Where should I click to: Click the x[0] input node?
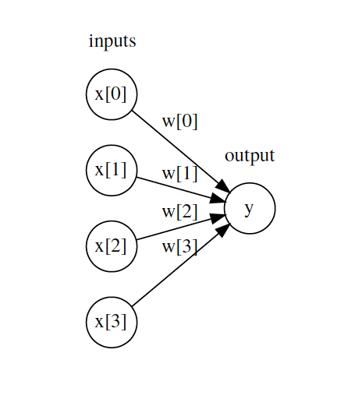(x=112, y=94)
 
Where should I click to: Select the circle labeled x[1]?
(x=112, y=170)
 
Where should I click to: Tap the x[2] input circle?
(x=112, y=246)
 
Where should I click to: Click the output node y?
(x=250, y=208)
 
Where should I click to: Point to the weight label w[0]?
(x=179, y=122)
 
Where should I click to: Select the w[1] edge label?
(x=179, y=174)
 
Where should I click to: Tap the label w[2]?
(x=179, y=211)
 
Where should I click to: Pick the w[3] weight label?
(x=179, y=248)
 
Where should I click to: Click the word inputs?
(x=112, y=41)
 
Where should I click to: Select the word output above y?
(x=250, y=155)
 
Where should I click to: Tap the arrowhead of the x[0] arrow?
(x=223, y=186)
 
